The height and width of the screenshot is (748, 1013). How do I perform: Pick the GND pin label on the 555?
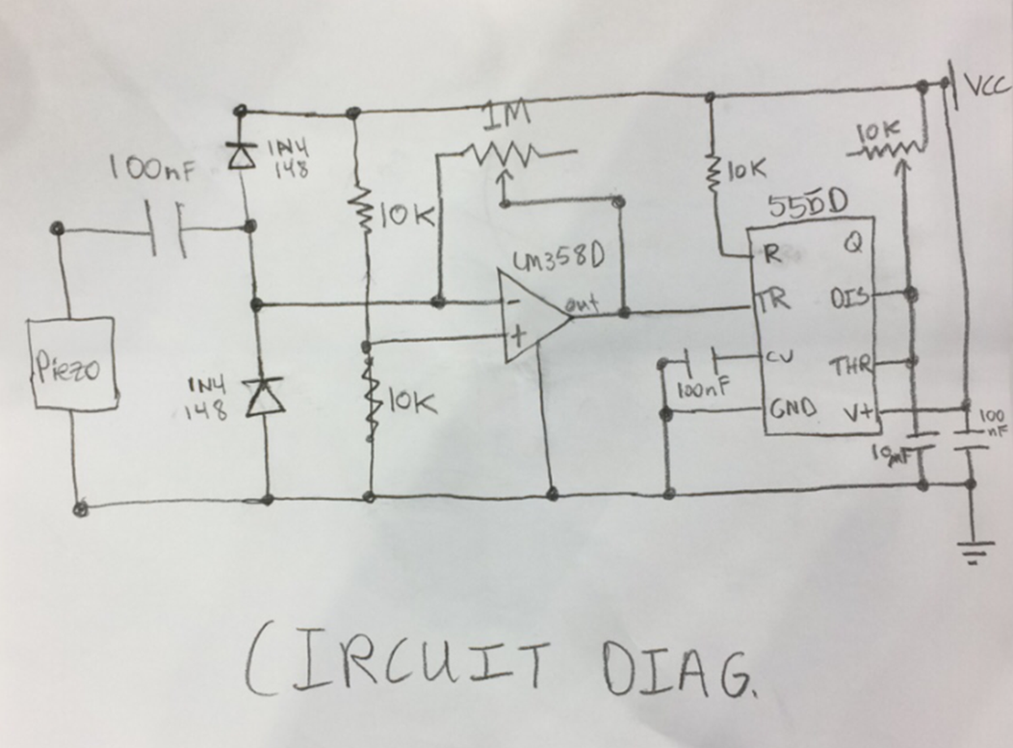coord(792,408)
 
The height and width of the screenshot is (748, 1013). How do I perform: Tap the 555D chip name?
coord(807,205)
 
